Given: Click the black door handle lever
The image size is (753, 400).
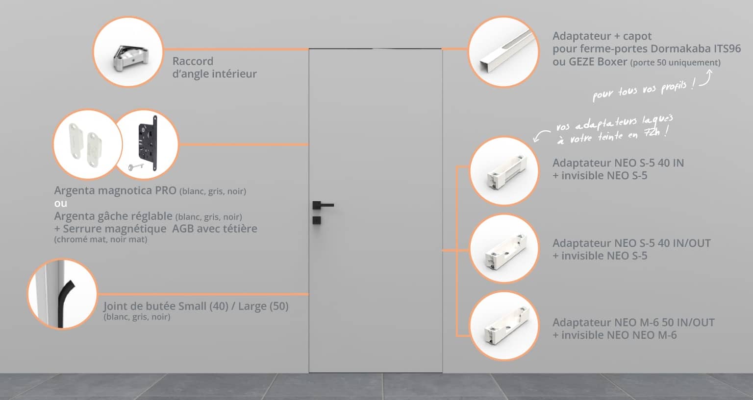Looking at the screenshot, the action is pos(324,205).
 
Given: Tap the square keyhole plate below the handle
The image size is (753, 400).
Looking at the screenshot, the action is pos(317,220).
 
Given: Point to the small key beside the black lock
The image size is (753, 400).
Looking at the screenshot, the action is pos(136,166).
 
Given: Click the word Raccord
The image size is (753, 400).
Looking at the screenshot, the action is pos(193,61).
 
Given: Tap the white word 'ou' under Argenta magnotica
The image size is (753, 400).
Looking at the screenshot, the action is pos(60,204).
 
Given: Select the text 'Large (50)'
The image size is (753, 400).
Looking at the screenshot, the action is pos(263,306).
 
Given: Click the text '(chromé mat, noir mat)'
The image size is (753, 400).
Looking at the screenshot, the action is pos(100,239).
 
